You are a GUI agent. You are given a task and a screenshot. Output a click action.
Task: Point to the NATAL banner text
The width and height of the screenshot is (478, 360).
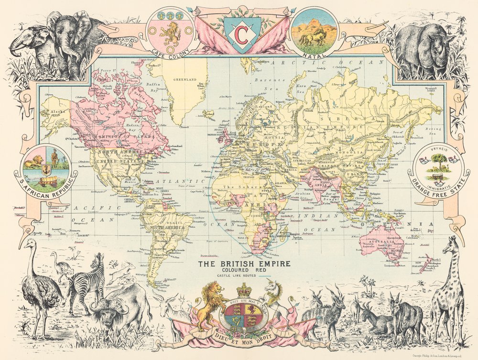(315, 53)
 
